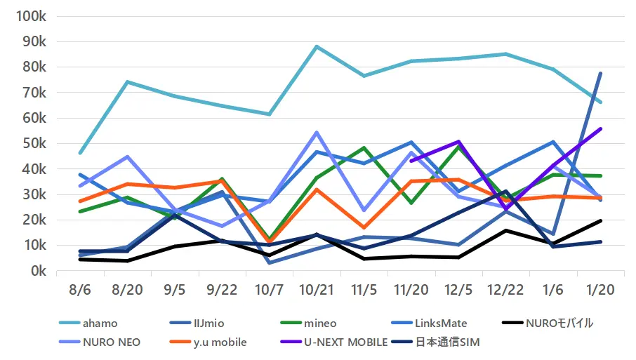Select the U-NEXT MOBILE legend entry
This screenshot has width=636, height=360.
(x=346, y=342)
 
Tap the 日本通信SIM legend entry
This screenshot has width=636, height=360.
(x=448, y=342)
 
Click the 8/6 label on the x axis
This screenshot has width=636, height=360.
(x=80, y=289)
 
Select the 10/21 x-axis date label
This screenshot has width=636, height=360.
(x=316, y=289)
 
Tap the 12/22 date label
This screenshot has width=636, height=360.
(x=505, y=289)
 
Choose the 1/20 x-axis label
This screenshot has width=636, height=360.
(x=599, y=289)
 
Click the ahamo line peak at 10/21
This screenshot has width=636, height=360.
(x=317, y=46)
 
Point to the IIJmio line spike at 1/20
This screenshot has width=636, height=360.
(x=600, y=74)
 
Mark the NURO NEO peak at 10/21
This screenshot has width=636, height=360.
(x=317, y=132)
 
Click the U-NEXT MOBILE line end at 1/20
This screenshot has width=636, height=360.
(x=600, y=129)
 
